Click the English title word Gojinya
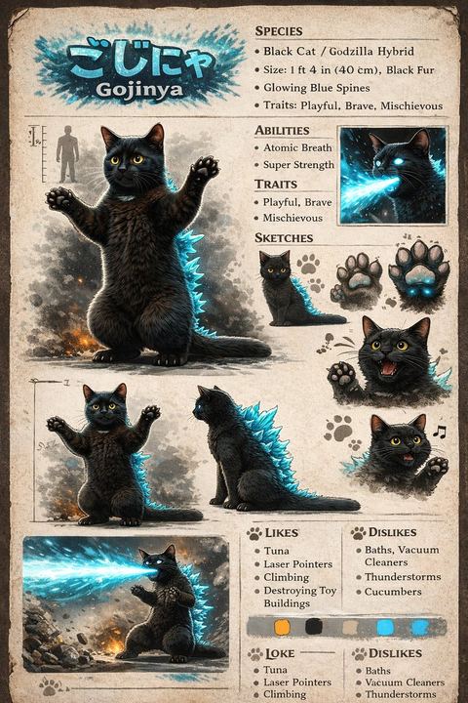139,89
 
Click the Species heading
279,31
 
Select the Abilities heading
282,131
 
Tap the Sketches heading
284,237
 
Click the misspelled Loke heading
280,653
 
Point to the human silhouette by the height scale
67,153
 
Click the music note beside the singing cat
440,432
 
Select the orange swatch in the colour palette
282,627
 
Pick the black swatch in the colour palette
314,626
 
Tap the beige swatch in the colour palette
350,627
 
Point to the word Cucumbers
393,592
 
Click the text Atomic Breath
297,148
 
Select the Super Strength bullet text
298,165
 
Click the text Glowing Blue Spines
317,88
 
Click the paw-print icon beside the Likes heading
253,533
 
